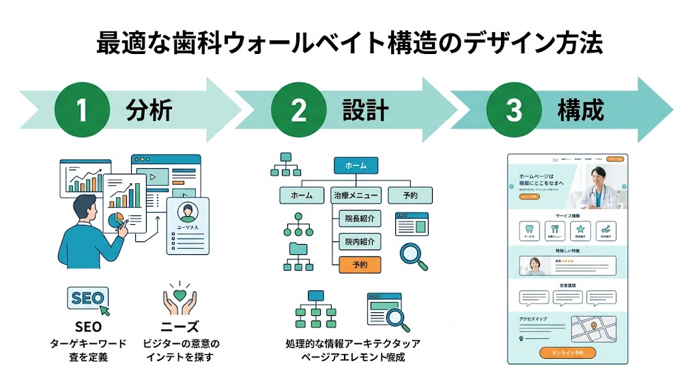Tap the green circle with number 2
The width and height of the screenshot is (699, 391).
(298, 110)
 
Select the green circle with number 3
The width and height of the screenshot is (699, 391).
(513, 110)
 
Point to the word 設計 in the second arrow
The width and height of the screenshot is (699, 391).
(366, 110)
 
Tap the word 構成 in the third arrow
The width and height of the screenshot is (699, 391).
(581, 110)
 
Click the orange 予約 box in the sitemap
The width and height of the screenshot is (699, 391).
(360, 265)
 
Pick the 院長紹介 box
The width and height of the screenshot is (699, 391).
(360, 219)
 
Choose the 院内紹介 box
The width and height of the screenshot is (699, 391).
(360, 242)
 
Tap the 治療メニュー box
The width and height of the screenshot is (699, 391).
(355, 195)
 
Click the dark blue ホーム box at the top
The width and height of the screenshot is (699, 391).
(356, 165)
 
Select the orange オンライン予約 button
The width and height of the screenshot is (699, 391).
(567, 353)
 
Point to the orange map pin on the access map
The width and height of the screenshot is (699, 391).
(593, 325)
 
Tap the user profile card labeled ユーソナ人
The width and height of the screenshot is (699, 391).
(187, 226)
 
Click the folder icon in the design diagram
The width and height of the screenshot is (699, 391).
(298, 247)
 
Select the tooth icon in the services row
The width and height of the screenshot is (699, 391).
(529, 230)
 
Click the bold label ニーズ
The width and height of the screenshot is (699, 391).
(180, 327)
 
